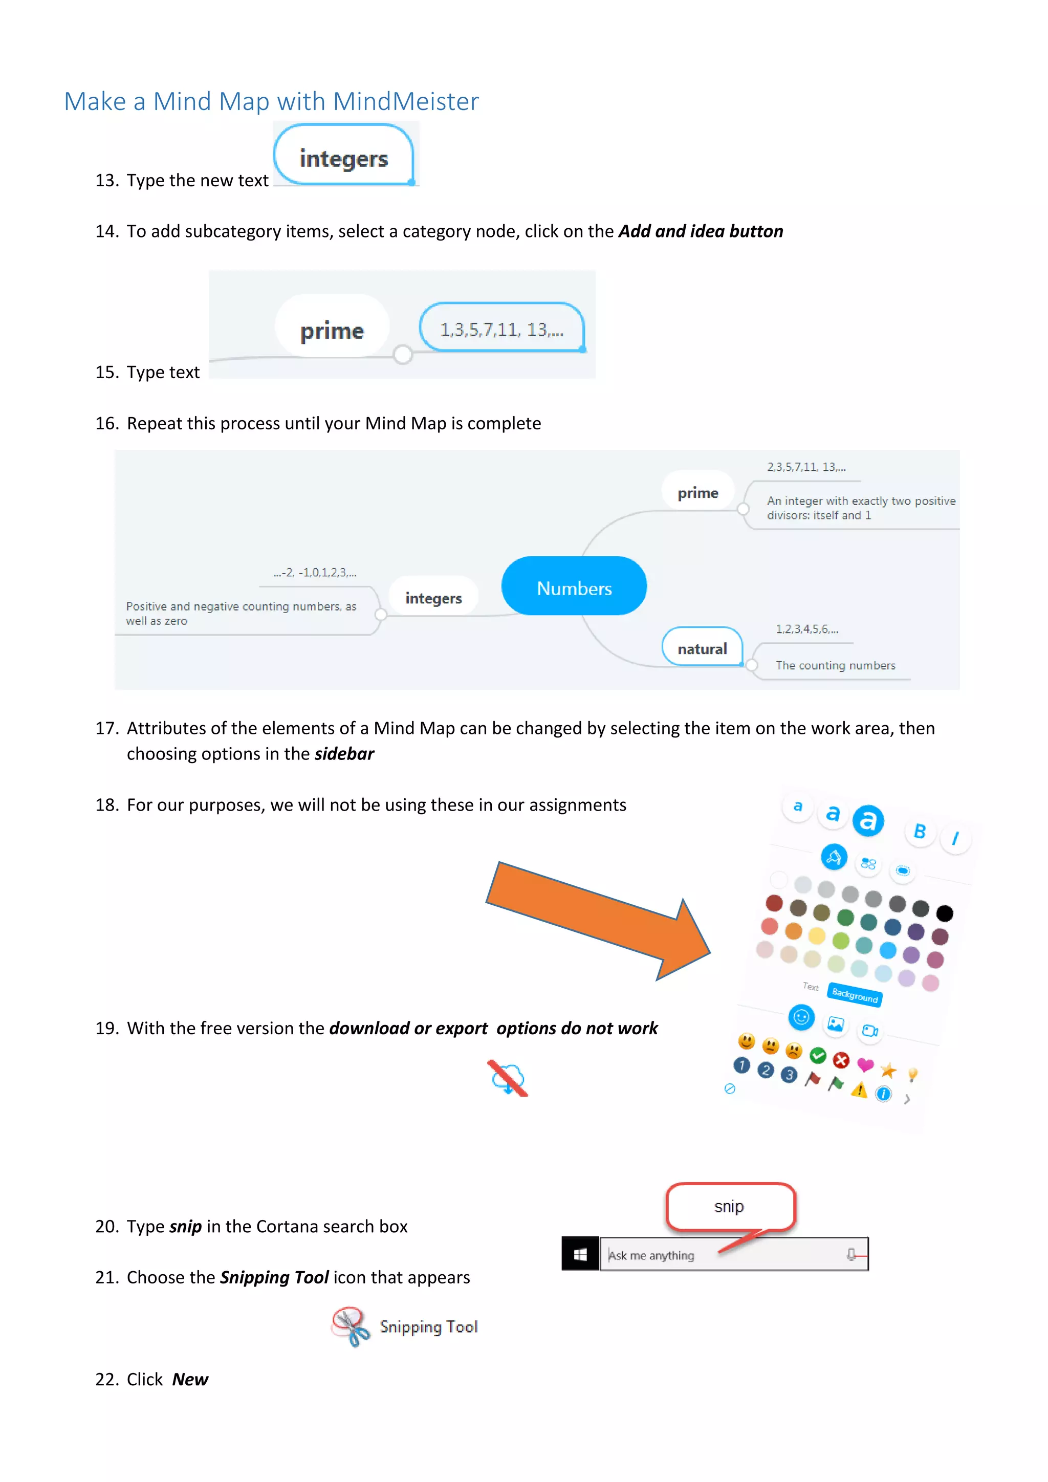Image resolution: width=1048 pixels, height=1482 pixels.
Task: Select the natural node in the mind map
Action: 702,647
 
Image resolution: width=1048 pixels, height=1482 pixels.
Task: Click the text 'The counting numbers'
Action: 835,665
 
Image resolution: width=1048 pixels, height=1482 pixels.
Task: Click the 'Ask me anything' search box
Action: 723,1255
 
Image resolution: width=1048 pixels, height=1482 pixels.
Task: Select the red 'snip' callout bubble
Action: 730,1206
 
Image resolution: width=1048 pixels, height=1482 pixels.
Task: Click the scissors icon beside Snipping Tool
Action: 351,1326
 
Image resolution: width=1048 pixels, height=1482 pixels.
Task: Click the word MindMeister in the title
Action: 405,101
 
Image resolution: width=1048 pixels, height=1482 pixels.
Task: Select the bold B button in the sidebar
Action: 920,832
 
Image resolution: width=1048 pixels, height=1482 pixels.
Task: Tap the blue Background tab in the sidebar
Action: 855,995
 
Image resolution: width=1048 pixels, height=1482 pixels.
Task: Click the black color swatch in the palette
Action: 944,913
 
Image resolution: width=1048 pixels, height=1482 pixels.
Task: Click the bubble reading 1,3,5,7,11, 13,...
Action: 501,329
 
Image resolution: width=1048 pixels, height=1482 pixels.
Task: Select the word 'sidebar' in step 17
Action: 344,754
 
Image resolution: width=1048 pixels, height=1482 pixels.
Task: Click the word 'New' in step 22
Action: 190,1379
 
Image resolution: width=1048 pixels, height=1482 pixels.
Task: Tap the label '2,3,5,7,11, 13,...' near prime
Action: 806,467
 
